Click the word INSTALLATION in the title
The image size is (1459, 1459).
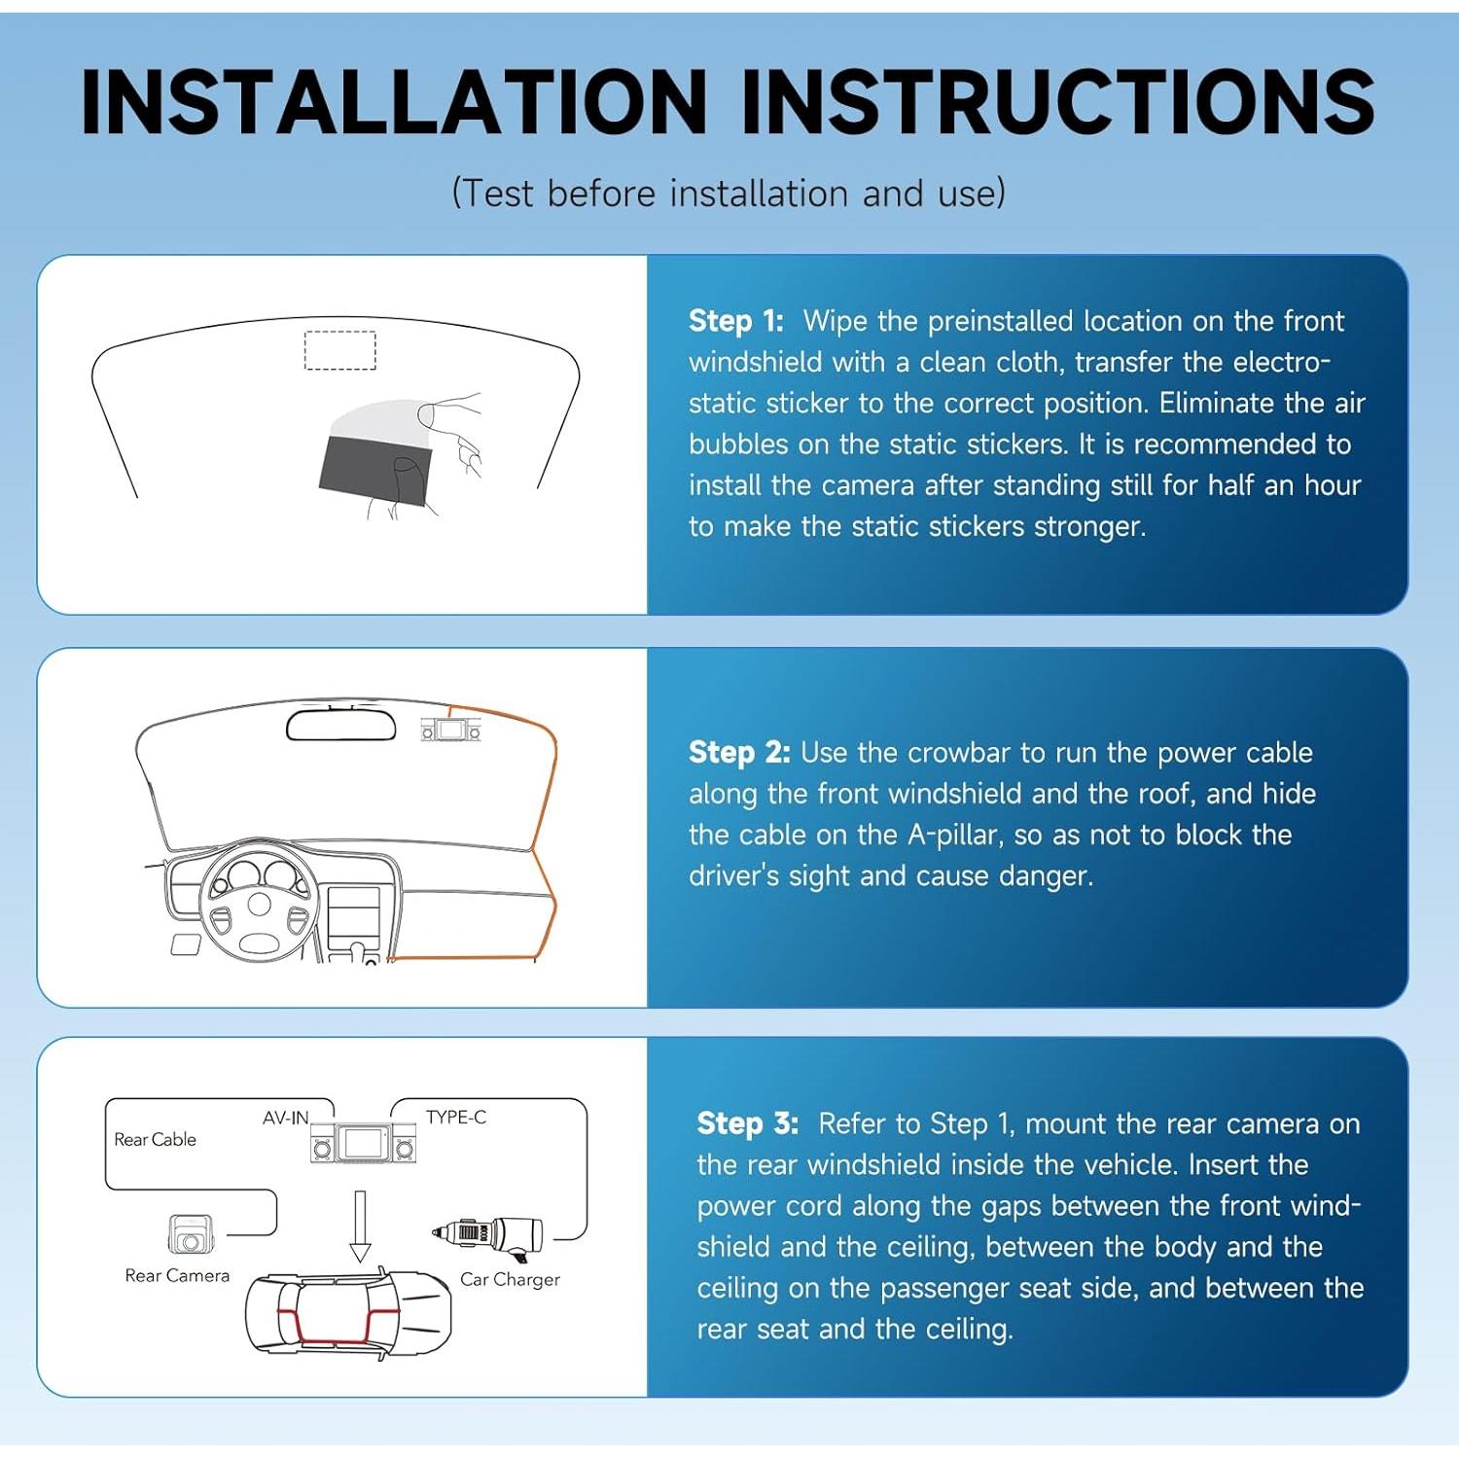394,101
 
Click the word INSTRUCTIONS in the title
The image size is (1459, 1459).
1058,101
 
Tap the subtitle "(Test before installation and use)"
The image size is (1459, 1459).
729,193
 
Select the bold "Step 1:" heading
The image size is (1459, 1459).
735,320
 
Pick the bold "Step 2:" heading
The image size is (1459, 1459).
738,752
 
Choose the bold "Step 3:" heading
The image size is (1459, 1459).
747,1123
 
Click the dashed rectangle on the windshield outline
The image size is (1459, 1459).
340,350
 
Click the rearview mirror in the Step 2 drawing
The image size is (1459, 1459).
341,726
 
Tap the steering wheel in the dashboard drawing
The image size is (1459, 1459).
259,903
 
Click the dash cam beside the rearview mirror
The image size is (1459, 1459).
450,729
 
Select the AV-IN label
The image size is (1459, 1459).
285,1119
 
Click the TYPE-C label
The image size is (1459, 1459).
455,1118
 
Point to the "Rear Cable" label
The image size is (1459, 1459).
155,1139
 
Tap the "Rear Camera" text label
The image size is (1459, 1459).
177,1275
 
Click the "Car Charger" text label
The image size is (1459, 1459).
510,1279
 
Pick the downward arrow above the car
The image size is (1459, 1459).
360,1226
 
